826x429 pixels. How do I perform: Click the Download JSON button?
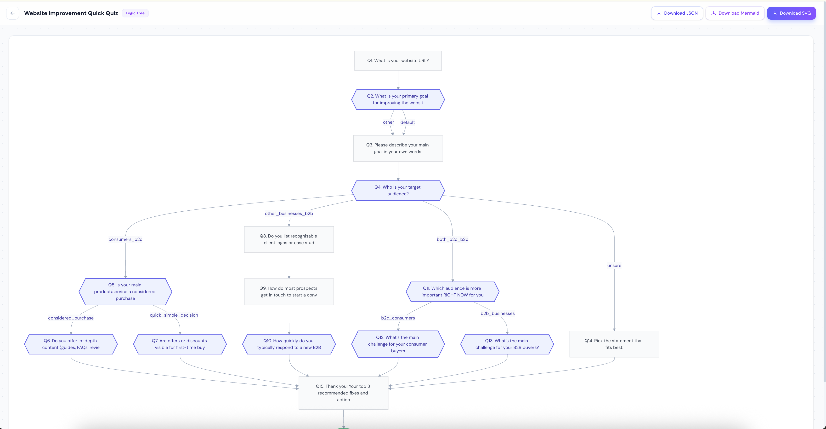point(677,13)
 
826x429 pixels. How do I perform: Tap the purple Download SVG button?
point(791,13)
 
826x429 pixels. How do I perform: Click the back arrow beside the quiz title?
point(12,13)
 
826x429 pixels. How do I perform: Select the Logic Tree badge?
point(135,13)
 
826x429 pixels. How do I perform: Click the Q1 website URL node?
point(398,61)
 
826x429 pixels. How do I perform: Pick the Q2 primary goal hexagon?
point(398,99)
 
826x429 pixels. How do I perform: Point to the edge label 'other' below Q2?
point(388,122)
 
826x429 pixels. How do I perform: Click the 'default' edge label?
point(407,122)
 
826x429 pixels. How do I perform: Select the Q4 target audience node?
point(398,191)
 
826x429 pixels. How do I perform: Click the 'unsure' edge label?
point(614,266)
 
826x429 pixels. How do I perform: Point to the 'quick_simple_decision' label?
point(174,315)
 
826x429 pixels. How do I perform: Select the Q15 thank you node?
point(343,393)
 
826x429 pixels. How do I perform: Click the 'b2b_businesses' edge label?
point(497,313)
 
